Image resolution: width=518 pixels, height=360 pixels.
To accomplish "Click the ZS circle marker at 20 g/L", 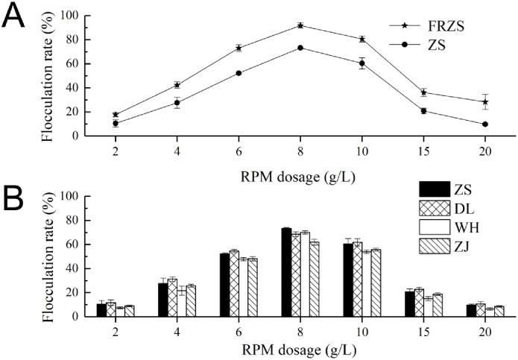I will tap(485, 124).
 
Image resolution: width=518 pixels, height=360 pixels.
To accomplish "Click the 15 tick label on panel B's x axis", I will tap(423, 328).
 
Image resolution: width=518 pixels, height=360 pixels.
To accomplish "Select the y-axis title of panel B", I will tap(51, 256).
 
